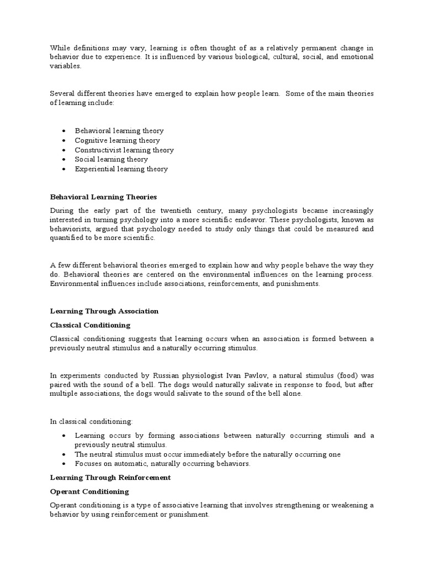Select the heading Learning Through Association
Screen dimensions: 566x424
(104, 311)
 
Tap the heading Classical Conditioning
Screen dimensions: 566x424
(91, 325)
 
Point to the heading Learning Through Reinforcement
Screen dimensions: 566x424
(110, 477)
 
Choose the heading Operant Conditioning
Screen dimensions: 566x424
(89, 491)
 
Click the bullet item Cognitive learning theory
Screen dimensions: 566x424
(118, 140)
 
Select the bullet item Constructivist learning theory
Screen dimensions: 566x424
(124, 150)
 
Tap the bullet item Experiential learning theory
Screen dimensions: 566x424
(121, 169)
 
